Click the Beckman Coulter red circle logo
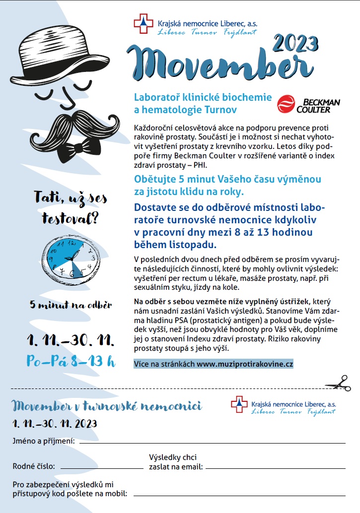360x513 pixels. click(x=286, y=104)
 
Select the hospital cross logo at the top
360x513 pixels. click(x=144, y=24)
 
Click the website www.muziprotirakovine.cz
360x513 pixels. click(x=245, y=364)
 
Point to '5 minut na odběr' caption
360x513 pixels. click(x=70, y=305)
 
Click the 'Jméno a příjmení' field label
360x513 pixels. click(x=44, y=441)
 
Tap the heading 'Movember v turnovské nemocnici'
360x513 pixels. click(x=107, y=406)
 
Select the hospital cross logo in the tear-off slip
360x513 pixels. click(x=239, y=404)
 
